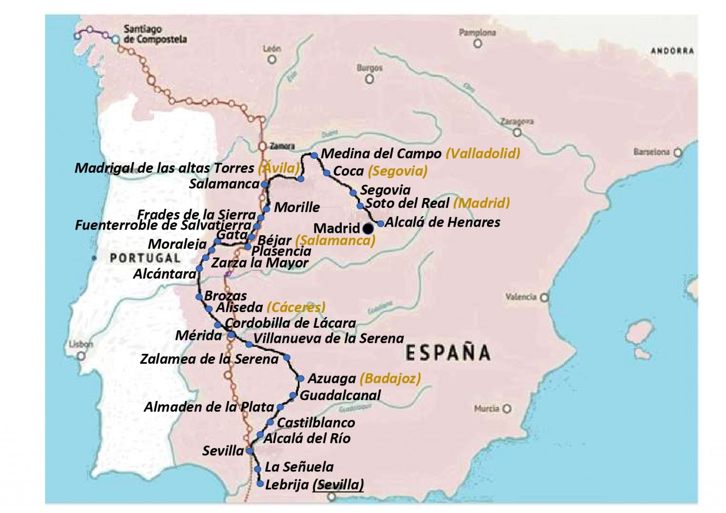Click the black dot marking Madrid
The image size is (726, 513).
pyautogui.click(x=368, y=229)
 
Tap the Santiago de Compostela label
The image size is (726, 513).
pyautogui.click(x=155, y=34)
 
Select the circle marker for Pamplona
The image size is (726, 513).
pyautogui.click(x=478, y=43)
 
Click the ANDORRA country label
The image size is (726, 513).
pyautogui.click(x=672, y=51)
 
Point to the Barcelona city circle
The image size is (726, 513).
pyautogui.click(x=678, y=153)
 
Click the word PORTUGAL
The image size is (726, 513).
pyautogui.click(x=145, y=258)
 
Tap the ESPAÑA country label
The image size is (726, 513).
pyautogui.click(x=448, y=353)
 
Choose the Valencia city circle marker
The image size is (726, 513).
pyautogui.click(x=544, y=298)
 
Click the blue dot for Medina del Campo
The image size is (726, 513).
pyautogui.click(x=314, y=155)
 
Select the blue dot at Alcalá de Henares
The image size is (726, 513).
pyautogui.click(x=380, y=223)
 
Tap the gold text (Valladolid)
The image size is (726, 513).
pyautogui.click(x=483, y=153)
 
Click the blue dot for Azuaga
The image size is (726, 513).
pyautogui.click(x=301, y=378)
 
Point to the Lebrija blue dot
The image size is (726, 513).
pyautogui.click(x=260, y=484)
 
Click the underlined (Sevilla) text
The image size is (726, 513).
pyautogui.click(x=338, y=485)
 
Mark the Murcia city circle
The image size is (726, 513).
pyautogui.click(x=507, y=409)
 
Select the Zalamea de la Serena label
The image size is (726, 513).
pyautogui.click(x=209, y=359)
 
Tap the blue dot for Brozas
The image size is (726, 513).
pyautogui.click(x=199, y=297)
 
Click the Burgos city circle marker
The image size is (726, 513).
pyautogui.click(x=370, y=79)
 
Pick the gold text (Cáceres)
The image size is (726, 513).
pyautogui.click(x=296, y=308)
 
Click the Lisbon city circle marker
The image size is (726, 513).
pyautogui.click(x=81, y=355)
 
